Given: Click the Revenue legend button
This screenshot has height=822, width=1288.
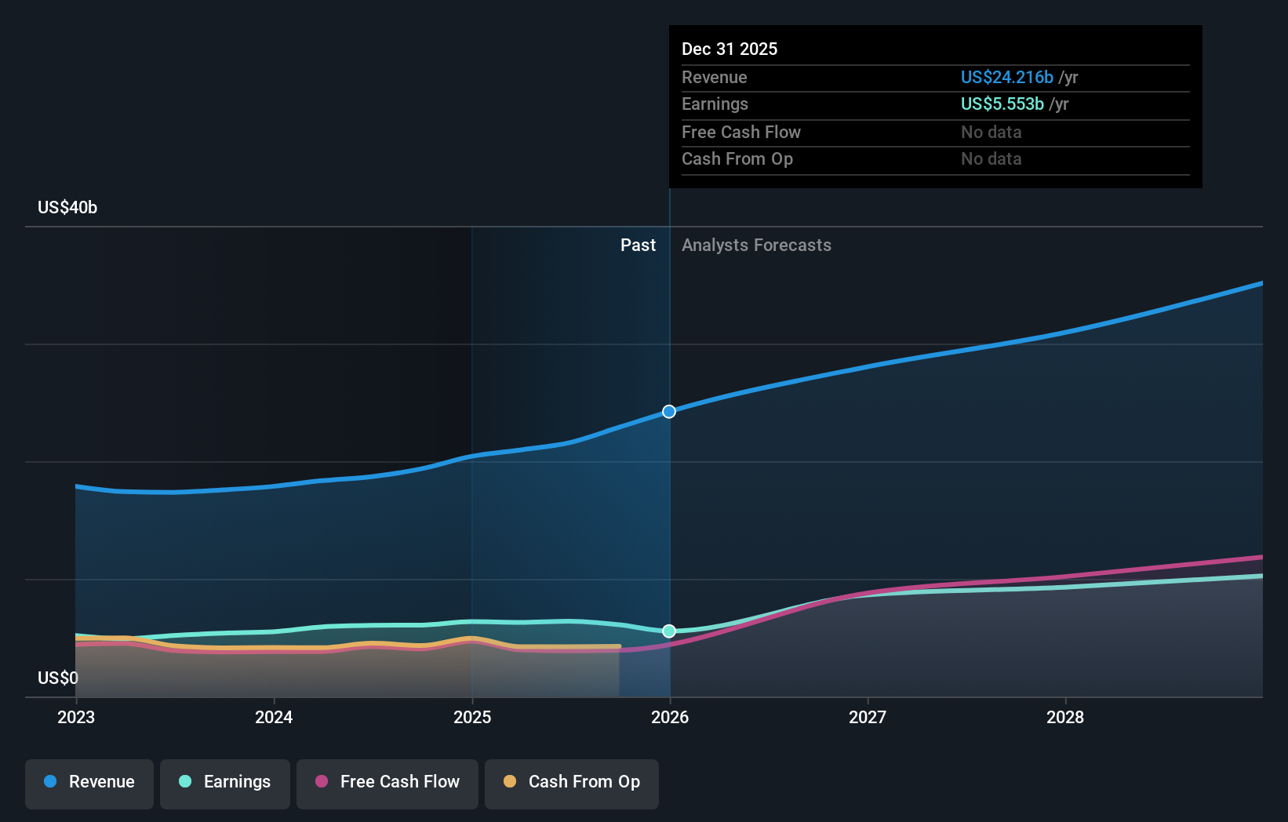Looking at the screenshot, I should coord(89,782).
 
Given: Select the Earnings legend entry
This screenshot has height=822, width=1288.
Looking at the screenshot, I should coord(225,782).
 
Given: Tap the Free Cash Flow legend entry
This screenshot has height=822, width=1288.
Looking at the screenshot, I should coord(387,782).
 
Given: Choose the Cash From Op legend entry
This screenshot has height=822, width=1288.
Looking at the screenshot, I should coord(572,782).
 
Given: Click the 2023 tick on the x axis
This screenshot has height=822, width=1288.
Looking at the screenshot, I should coord(76,717).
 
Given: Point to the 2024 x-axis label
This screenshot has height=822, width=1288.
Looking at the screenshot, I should coord(274,717).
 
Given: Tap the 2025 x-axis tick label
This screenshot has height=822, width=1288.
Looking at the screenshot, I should coord(472,717).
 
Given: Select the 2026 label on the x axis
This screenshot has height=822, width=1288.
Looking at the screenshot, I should coord(670,717).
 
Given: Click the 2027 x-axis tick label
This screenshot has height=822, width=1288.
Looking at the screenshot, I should coord(868,717).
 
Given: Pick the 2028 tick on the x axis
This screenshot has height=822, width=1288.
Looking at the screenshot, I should coord(1065,717).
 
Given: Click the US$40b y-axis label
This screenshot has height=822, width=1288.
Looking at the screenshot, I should coord(67,207).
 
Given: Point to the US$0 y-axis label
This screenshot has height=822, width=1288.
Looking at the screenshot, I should coord(58,678).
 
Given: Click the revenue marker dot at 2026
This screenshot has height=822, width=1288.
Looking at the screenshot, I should coord(669,412).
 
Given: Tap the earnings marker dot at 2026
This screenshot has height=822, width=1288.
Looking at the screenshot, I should coord(669,631).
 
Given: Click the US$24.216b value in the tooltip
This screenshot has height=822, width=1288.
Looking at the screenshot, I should coord(1006,77).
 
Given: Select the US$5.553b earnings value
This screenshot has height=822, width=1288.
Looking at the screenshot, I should coord(1002,104).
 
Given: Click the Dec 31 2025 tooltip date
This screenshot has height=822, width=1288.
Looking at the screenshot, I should coord(730,49).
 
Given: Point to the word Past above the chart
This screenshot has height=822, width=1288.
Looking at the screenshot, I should coord(638,246).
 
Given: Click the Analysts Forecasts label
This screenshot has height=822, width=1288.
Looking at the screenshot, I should coord(756,246).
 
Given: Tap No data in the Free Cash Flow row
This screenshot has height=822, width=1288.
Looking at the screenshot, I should coord(991,132).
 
